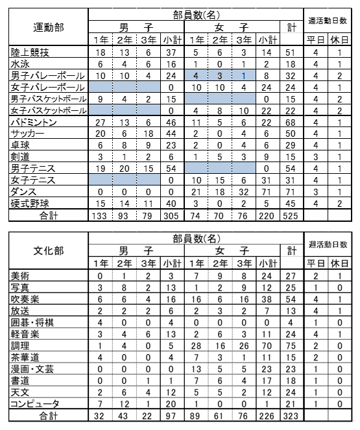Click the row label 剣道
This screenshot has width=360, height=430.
pos(21,157)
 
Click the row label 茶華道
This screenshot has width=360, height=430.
pos(25,357)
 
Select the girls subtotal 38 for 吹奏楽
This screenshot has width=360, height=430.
pos(266,300)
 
